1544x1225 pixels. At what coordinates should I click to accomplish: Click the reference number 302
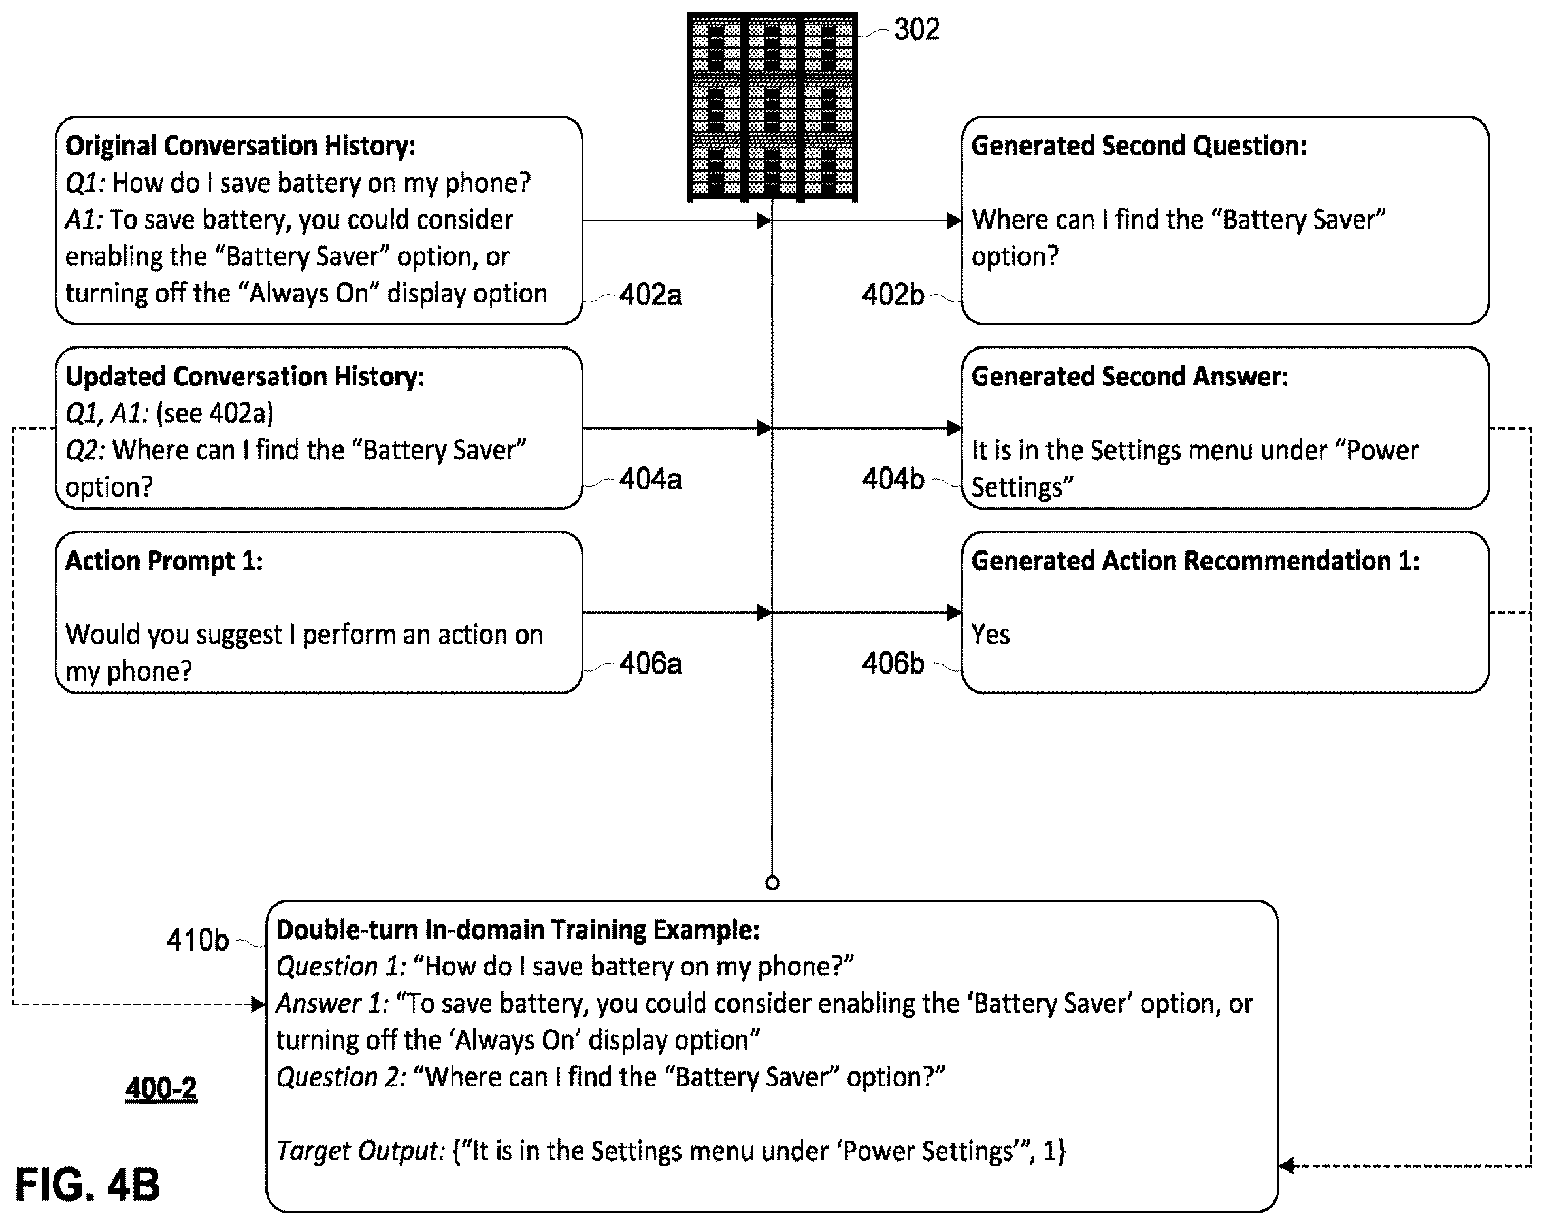(917, 29)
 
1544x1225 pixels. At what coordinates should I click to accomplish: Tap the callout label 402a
(650, 294)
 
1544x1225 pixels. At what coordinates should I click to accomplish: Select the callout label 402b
(893, 294)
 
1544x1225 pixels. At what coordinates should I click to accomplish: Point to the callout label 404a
(650, 479)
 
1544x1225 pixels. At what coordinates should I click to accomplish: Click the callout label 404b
(893, 479)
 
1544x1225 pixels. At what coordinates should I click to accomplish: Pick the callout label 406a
(650, 664)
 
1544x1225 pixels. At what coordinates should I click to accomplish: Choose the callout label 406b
(893, 664)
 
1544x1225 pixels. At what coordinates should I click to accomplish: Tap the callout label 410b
(197, 940)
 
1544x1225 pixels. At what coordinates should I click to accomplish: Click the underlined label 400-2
(161, 1088)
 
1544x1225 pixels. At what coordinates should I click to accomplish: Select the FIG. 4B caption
(88, 1184)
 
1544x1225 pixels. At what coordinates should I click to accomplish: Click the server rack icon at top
(772, 106)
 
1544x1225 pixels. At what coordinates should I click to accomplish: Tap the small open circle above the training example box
(772, 883)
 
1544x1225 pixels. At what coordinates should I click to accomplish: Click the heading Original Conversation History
(240, 145)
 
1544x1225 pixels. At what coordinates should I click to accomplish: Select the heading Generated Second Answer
(1130, 376)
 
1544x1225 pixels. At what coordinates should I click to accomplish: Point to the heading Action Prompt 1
(164, 561)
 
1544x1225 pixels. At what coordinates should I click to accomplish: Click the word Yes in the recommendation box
(991, 634)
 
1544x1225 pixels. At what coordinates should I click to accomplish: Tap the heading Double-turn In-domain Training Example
(517, 929)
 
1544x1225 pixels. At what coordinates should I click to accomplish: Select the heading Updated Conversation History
(245, 376)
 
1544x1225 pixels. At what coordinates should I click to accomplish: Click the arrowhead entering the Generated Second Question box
(954, 221)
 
